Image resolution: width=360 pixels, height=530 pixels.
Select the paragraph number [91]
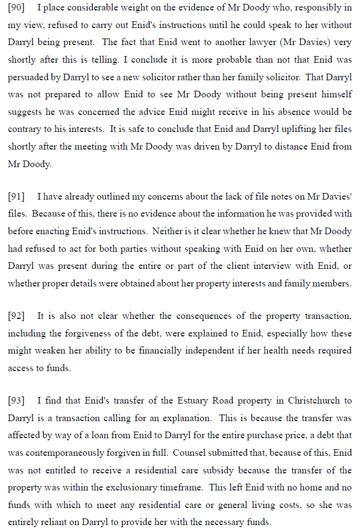point(16,197)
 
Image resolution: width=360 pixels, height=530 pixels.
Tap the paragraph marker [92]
point(16,316)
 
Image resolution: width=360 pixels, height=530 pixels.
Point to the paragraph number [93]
point(16,401)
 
